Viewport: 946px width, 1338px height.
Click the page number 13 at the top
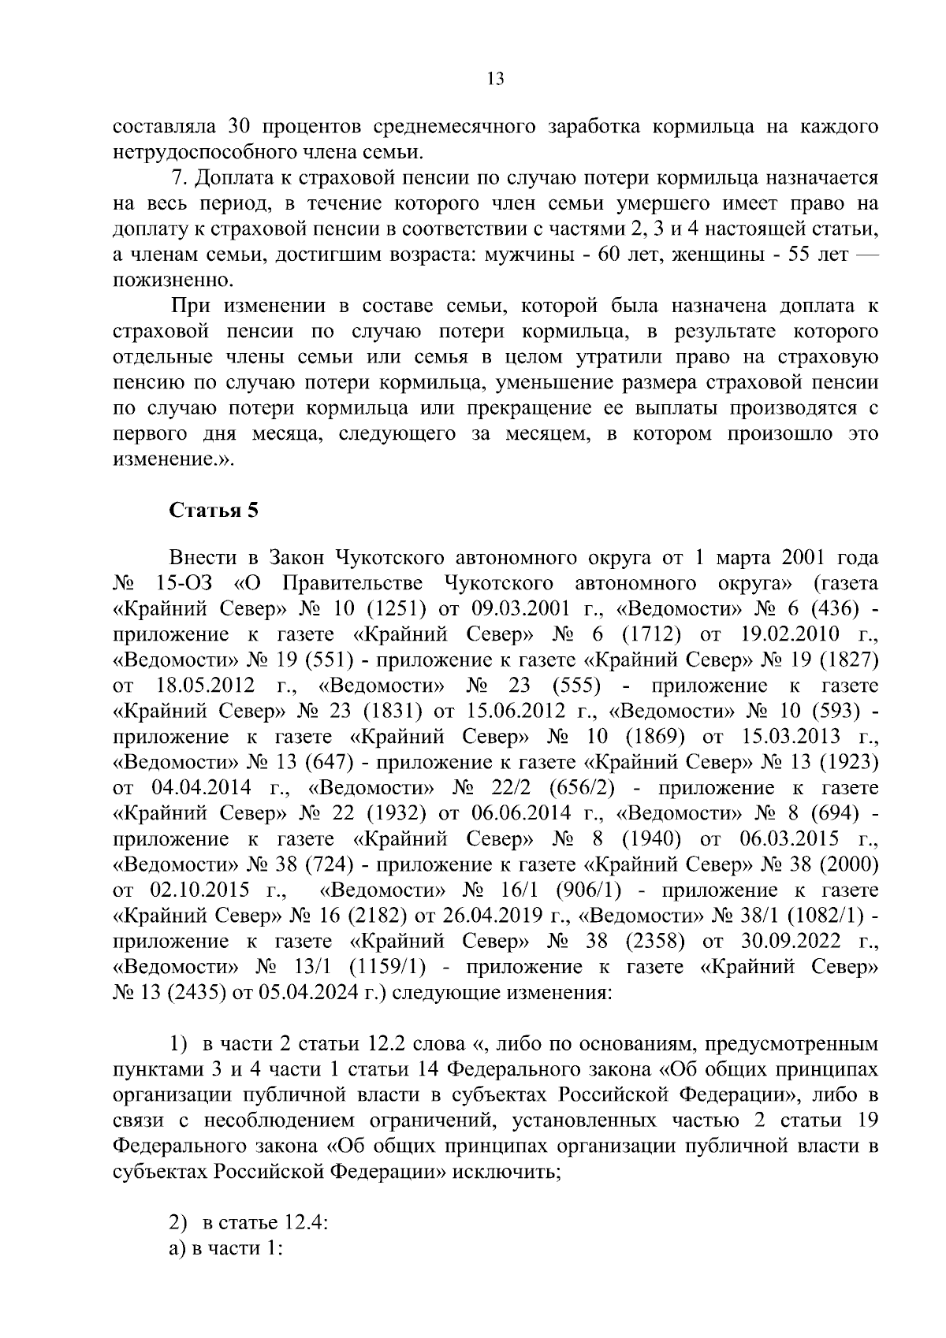[x=496, y=79]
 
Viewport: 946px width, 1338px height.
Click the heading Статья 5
[x=214, y=510]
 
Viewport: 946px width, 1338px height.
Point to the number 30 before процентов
[x=239, y=127]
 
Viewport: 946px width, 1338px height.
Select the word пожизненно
[x=174, y=281]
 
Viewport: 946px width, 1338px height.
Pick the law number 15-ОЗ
[x=186, y=583]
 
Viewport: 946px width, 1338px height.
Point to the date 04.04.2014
[x=200, y=787]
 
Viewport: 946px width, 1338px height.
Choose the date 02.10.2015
[x=200, y=890]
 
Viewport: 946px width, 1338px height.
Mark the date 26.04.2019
[x=484, y=916]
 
